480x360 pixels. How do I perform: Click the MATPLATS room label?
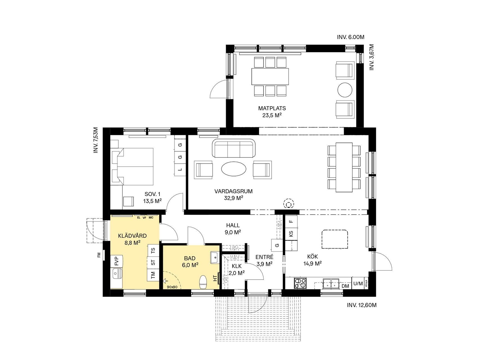pos(272,108)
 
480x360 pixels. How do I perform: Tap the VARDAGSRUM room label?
pos(233,191)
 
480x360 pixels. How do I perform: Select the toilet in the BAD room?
pos(203,282)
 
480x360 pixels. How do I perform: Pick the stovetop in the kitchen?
pos(300,283)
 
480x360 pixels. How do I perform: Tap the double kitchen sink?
pos(331,283)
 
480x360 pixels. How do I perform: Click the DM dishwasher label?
pos(345,286)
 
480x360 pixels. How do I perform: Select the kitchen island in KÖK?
pos(335,239)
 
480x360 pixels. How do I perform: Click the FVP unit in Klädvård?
pos(116,261)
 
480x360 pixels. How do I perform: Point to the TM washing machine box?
pos(153,275)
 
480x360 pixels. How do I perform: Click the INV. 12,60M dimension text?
pos(362,305)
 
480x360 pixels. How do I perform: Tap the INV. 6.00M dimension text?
pos(351,37)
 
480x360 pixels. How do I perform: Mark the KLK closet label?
pos(237,266)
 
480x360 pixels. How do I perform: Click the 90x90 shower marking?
pos(172,287)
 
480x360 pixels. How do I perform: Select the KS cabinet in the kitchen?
pos(291,234)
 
